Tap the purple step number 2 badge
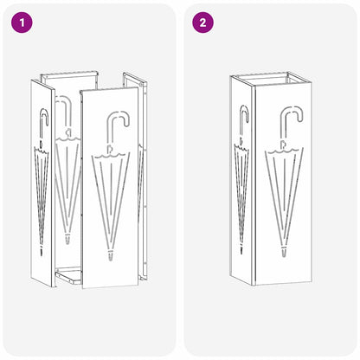(x=203, y=22)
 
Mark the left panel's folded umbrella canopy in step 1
(x=40, y=190)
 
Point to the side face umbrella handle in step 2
(x=243, y=118)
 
